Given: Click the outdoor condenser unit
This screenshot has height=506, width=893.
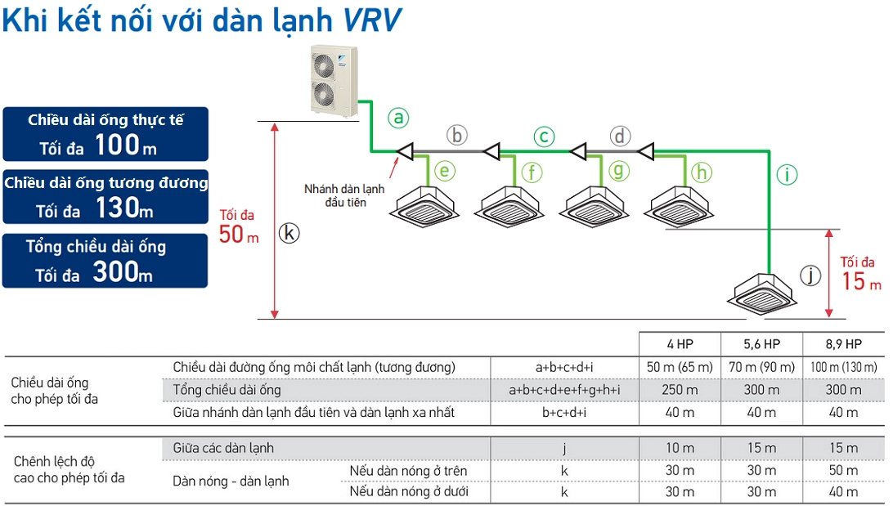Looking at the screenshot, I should coord(334,81).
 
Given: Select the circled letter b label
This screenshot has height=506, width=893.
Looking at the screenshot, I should coord(457,135).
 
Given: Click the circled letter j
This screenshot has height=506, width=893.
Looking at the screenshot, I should coord(810,275).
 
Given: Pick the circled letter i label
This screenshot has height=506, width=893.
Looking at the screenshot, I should coord(787,173).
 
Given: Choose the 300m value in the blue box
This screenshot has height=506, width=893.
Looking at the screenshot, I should coord(122,272).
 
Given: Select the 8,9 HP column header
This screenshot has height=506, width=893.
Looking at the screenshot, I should coord(843,344).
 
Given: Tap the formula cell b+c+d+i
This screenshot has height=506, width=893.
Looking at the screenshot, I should coord(564,413).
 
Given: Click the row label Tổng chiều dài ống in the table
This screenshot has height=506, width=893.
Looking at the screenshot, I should coord(227,390).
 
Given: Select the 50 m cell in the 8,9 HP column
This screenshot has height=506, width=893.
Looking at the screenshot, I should coord(843,471).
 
